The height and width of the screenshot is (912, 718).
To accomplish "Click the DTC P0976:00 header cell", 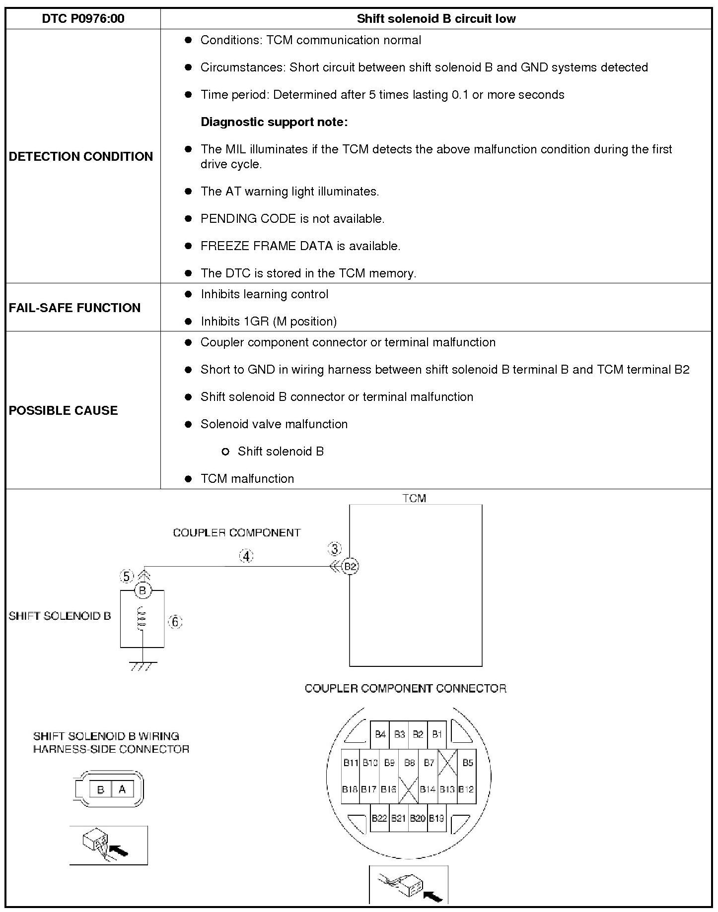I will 83,19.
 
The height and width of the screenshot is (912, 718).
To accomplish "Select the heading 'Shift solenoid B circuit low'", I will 436,19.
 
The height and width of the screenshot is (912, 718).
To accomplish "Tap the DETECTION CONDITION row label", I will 81,156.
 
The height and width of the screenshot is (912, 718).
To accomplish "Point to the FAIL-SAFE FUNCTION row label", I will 74,308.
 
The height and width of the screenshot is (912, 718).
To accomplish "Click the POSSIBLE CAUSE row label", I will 64,410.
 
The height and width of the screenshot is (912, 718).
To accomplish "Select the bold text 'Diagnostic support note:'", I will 274,122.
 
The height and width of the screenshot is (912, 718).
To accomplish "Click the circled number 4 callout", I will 246,556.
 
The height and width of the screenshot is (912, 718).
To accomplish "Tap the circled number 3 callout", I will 335,549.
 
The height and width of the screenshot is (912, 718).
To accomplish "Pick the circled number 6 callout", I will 175,622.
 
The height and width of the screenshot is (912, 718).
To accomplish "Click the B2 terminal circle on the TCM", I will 351,566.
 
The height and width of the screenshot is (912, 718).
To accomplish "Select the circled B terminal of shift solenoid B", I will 143,590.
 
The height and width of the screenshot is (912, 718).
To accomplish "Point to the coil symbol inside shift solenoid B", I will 142,619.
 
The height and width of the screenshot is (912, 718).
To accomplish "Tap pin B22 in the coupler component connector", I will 379,818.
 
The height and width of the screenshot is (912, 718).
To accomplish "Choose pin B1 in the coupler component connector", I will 437,734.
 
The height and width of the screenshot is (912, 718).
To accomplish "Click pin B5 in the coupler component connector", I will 468,763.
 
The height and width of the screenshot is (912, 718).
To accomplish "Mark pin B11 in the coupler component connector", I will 351,763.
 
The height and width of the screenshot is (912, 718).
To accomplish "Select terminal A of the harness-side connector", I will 122,789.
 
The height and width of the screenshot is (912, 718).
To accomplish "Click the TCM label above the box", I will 414,498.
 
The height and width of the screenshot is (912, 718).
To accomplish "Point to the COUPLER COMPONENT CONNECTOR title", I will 405,688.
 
